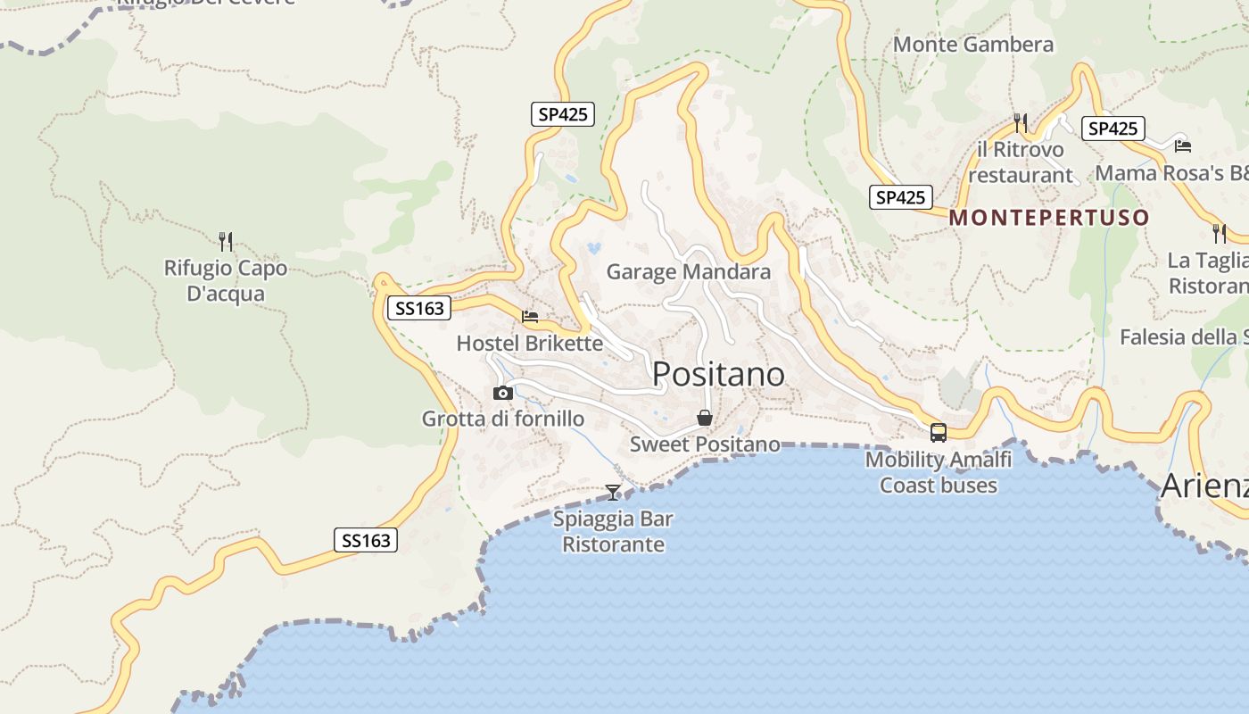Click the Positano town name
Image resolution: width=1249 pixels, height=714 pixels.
coord(718,374)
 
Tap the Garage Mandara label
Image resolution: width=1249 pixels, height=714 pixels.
coord(688,271)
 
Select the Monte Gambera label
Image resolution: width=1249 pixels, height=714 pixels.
coord(972,44)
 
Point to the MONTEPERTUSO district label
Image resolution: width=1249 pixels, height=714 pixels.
coord(1049,218)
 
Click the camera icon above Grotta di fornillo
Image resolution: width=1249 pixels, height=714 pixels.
coord(503,393)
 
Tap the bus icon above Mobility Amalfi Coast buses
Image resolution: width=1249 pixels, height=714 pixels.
coord(939,433)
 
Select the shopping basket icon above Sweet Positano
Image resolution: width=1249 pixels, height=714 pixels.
coord(705,418)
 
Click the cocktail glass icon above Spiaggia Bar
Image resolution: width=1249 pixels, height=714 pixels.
coord(613,492)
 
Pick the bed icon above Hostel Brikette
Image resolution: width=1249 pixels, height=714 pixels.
coord(530,316)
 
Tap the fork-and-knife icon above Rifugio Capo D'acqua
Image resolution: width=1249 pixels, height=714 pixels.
coord(226,241)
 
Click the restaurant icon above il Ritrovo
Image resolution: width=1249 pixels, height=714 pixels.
coord(1021,122)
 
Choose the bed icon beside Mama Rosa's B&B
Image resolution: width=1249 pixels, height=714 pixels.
coord(1183,145)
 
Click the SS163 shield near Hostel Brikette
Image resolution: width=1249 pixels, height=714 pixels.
coord(419,308)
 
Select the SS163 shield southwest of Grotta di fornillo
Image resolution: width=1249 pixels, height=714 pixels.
coord(366,540)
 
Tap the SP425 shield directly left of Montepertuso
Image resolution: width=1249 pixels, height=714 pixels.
coord(901,197)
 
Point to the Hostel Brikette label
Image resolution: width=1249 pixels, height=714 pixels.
coord(529,343)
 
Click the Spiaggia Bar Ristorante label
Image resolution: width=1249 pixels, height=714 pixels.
coord(613,531)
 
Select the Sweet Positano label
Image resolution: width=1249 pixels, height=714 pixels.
coord(705,444)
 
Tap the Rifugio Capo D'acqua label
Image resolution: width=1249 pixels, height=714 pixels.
coord(226,280)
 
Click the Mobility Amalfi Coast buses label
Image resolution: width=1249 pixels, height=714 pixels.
coord(939,472)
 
